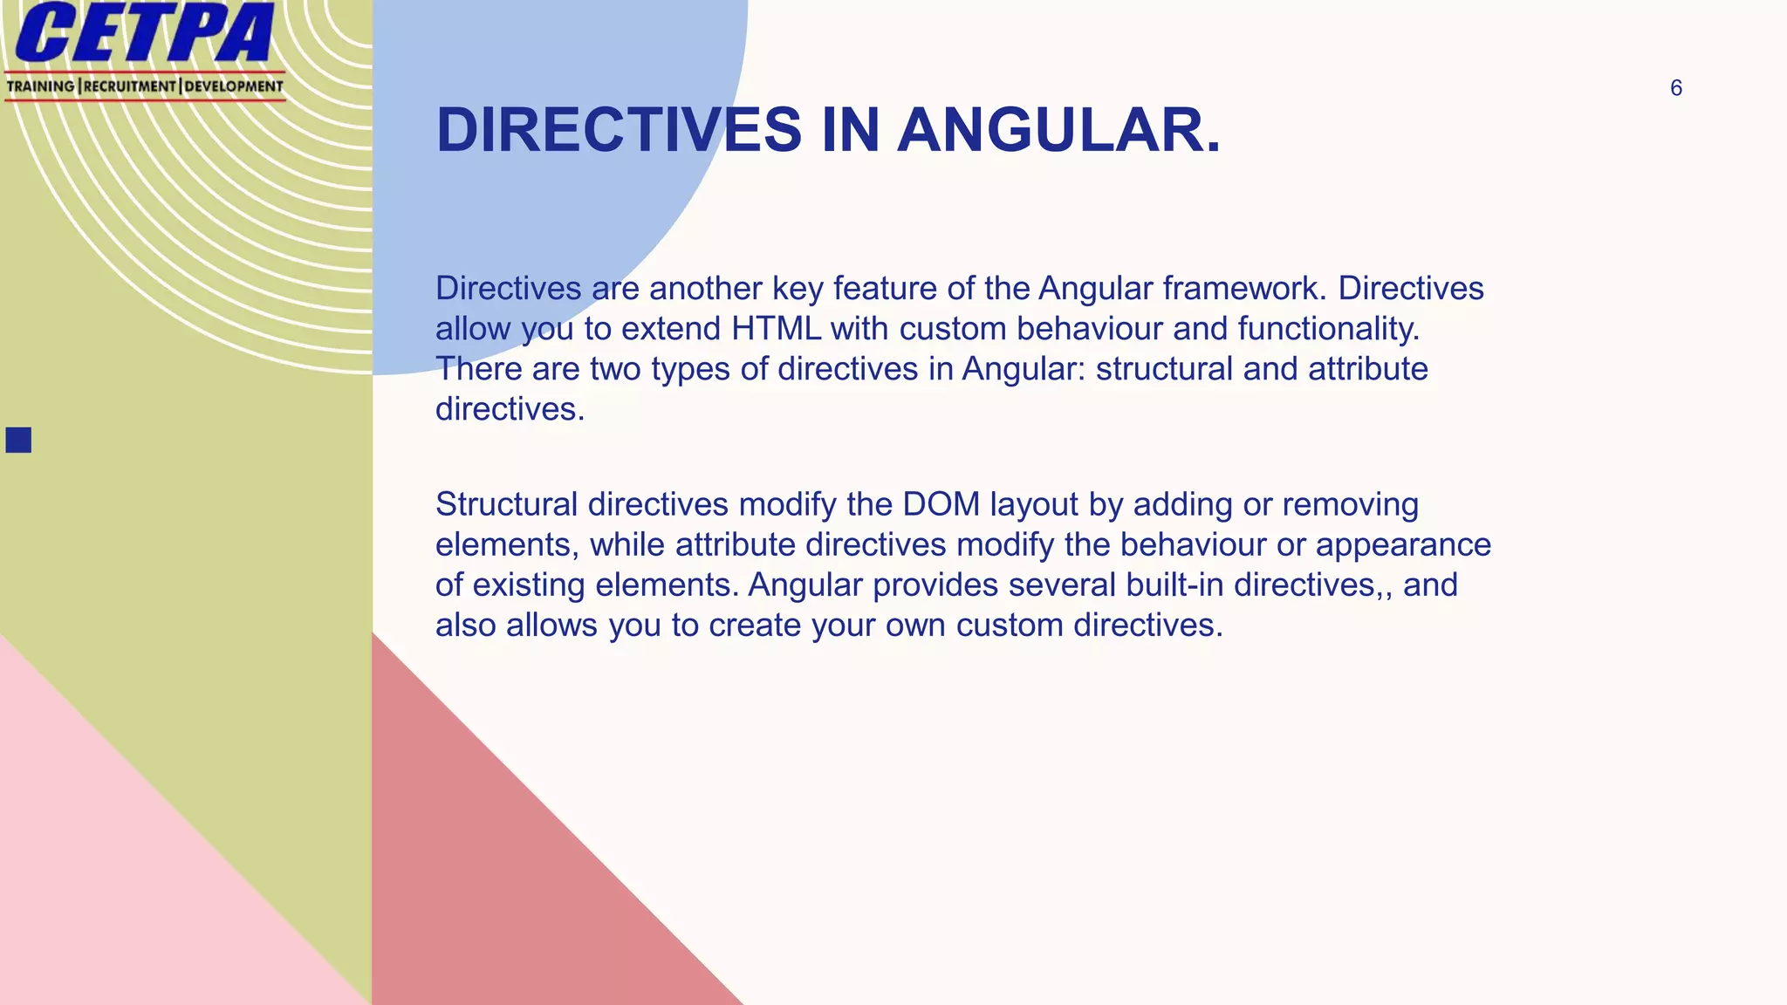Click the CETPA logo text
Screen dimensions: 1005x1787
[144, 33]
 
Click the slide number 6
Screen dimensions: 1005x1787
[1675, 88]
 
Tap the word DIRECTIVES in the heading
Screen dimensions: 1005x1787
[618, 130]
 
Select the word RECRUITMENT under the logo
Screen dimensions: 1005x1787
[129, 86]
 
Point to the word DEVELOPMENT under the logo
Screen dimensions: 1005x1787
[234, 86]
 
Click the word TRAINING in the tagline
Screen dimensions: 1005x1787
[40, 86]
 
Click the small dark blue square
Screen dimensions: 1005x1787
[18, 440]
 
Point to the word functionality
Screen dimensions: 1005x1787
[1328, 329]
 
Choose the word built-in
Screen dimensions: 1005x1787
[1174, 585]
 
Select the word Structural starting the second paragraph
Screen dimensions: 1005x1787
[506, 504]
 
